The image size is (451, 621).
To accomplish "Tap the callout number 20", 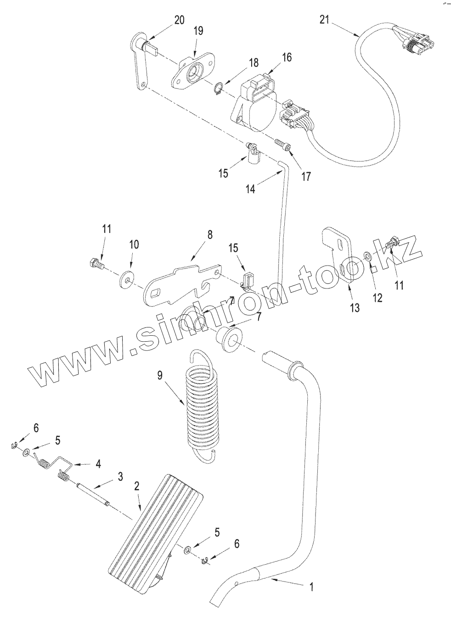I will click(x=179, y=20).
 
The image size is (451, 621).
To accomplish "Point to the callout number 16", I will click(x=287, y=57).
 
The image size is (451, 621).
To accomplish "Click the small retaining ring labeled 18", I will click(x=220, y=88).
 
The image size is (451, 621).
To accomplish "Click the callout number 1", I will click(x=311, y=586).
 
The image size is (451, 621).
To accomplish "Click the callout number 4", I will click(x=97, y=464).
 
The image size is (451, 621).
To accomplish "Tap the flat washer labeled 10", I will click(x=125, y=279).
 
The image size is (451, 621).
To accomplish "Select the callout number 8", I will click(x=209, y=235).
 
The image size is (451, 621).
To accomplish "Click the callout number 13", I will click(x=355, y=308).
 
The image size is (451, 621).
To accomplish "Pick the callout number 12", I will click(x=377, y=298).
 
